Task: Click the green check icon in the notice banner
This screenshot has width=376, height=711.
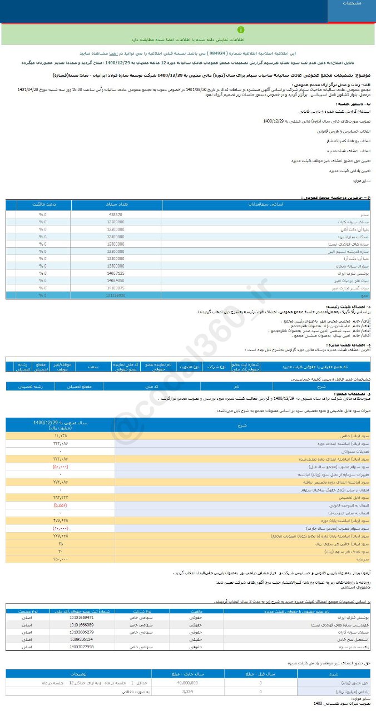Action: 241,29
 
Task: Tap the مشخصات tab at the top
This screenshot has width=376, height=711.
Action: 352,3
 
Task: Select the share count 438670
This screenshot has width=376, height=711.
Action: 116,214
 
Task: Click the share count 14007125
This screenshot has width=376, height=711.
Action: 116,273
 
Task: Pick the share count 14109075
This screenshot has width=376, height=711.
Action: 116,288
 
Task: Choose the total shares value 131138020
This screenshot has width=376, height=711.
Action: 116,296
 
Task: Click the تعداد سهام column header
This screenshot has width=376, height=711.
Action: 116,204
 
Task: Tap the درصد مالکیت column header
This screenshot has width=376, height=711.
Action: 38,204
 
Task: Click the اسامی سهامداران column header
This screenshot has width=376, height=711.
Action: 268,204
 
